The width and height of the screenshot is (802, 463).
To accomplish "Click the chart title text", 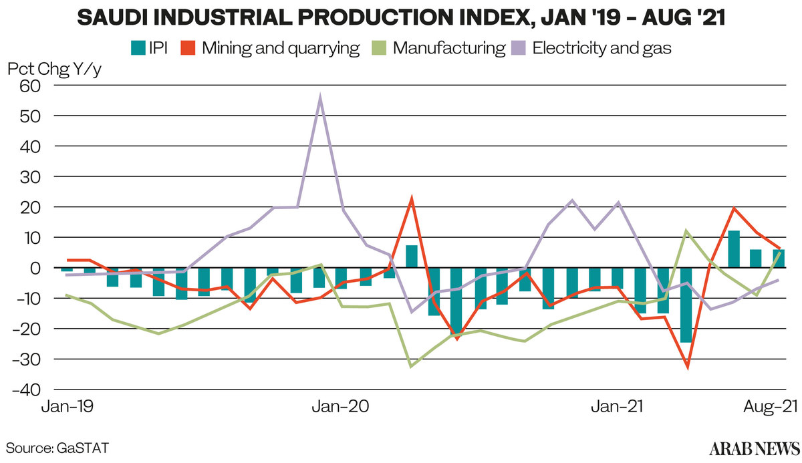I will point(401,18).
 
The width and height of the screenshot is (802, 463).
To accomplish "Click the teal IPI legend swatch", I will point(138,48).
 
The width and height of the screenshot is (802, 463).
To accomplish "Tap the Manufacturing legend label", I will point(448,48).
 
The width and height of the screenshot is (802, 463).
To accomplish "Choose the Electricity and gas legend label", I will point(601,48).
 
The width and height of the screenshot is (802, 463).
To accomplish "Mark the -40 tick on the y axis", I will point(27,389).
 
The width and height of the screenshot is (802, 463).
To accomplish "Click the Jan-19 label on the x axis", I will point(65,407).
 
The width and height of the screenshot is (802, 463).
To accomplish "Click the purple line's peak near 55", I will point(321,99).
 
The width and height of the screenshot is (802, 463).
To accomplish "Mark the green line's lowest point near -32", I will point(411,366).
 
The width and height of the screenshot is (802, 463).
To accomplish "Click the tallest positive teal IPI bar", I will point(734,249).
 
